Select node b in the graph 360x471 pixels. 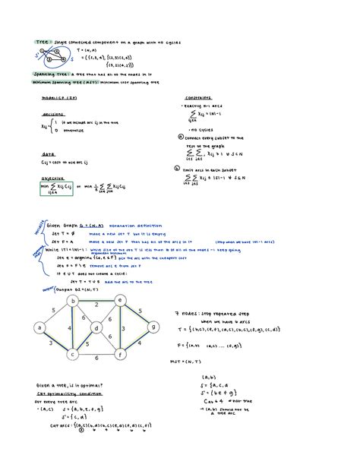pos(73,301)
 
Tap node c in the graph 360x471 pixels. pos(73,353)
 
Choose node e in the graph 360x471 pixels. pos(121,301)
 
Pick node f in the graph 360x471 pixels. pos(122,353)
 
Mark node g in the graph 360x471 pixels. pos(154,327)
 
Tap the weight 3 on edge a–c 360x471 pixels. pos(50,344)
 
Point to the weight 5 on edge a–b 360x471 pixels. pos(50,309)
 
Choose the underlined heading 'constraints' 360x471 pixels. pos(198,98)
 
